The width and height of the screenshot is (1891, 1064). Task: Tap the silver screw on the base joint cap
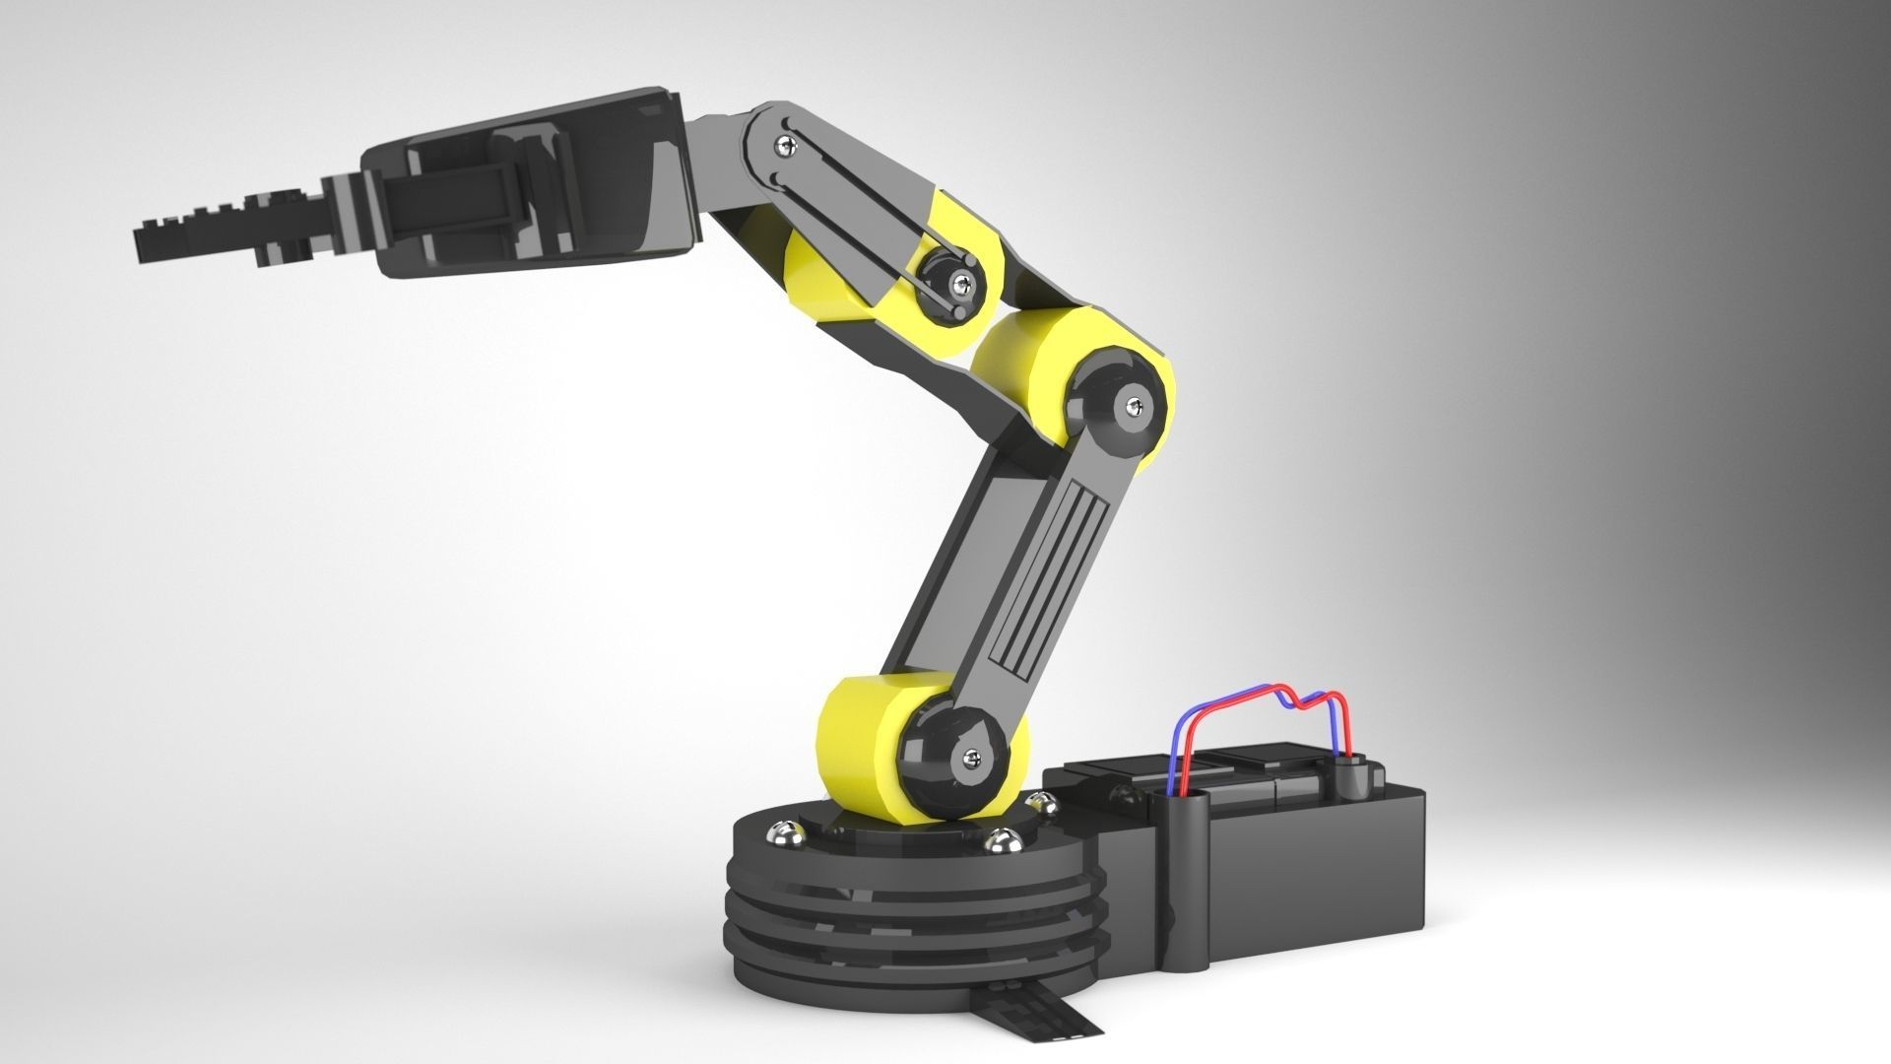click(973, 757)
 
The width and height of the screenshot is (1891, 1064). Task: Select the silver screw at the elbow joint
click(1139, 402)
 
